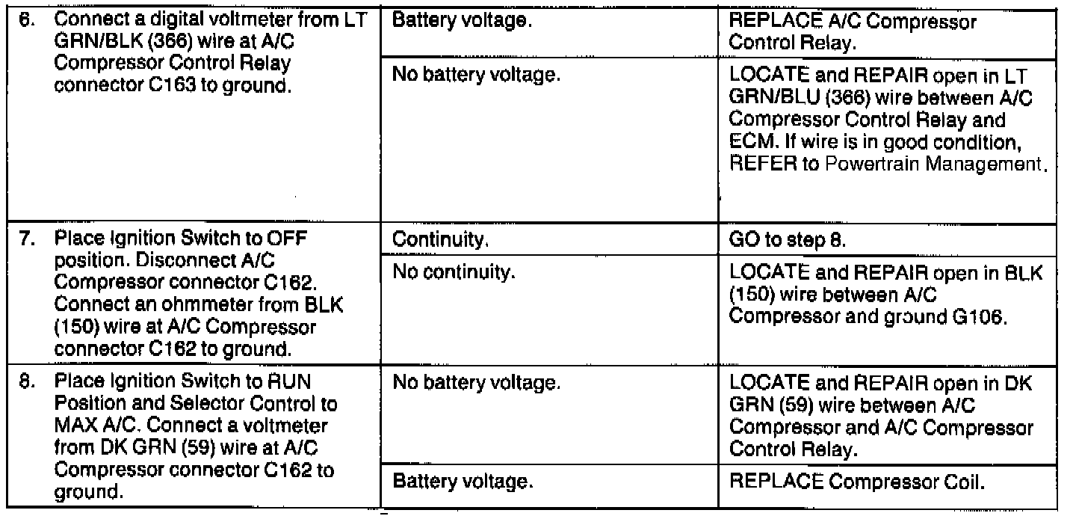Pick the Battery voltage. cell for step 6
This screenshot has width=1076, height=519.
coord(462,22)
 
